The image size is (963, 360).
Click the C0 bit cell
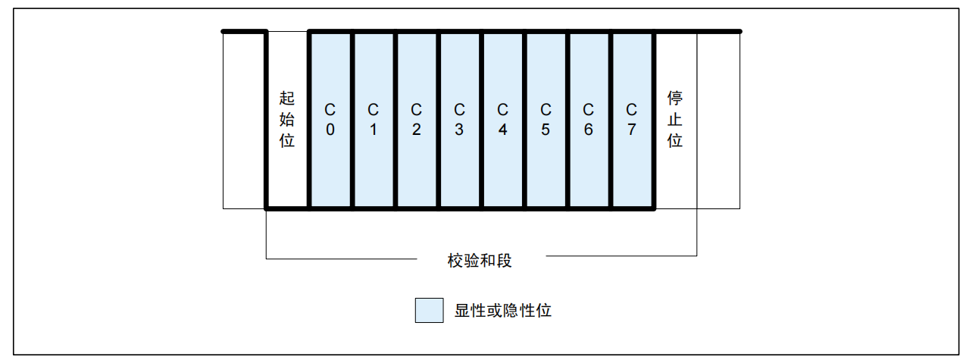click(x=330, y=120)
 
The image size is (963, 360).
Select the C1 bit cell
click(x=374, y=120)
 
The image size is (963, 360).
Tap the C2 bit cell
click(x=416, y=120)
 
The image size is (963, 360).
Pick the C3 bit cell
click(x=459, y=120)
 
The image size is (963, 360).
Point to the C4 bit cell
click(x=502, y=120)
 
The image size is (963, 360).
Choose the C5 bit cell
click(x=546, y=120)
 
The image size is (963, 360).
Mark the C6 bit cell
click(x=589, y=120)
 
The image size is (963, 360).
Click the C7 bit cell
click(x=632, y=120)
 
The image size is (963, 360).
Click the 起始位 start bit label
click(x=286, y=119)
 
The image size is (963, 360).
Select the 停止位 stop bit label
click(x=675, y=119)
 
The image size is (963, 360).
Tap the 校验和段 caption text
click(x=480, y=261)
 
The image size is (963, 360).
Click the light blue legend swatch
click(x=429, y=310)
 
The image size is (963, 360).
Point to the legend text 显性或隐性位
click(x=503, y=310)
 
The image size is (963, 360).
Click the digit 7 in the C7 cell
click(x=632, y=130)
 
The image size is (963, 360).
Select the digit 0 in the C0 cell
click(x=330, y=130)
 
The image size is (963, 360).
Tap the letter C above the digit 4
click(x=502, y=110)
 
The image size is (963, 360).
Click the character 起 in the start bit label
click(x=286, y=98)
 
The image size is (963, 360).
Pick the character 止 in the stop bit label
click(x=675, y=119)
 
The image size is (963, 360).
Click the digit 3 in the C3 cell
click(x=459, y=130)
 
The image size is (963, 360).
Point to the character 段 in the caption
click(x=505, y=261)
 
